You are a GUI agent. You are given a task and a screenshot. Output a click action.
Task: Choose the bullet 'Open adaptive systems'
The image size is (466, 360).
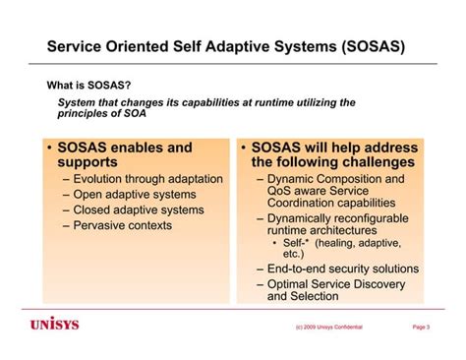134,195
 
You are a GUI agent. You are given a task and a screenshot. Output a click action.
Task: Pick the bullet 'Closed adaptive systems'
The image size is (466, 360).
140,210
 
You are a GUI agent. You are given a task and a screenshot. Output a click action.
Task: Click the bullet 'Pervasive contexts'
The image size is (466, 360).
123,225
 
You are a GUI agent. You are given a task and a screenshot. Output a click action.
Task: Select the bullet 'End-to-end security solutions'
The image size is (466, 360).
342,269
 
